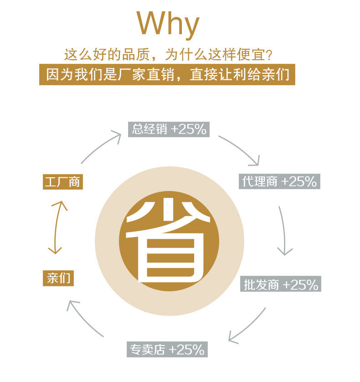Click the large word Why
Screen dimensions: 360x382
[168, 25]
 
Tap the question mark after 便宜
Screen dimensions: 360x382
[269, 55]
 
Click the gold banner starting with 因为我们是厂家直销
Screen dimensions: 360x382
[167, 74]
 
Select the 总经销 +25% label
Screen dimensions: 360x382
[169, 129]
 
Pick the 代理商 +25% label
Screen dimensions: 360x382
[279, 181]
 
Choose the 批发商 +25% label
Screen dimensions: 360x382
[280, 285]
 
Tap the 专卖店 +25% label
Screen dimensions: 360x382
[167, 350]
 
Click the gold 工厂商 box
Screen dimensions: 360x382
[62, 182]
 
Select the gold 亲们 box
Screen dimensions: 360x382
[58, 278]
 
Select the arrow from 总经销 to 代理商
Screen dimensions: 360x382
[242, 148]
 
